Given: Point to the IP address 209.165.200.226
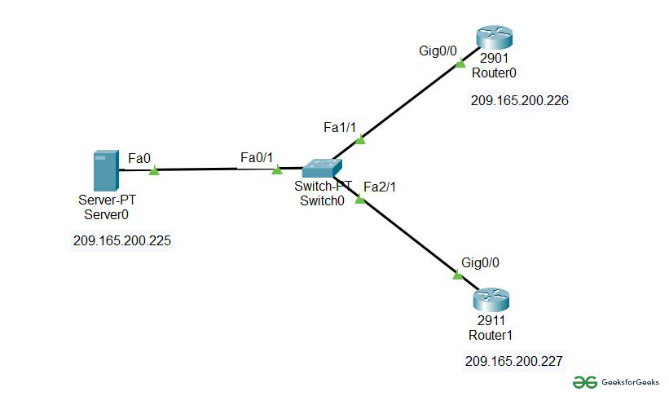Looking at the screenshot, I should point(519,101).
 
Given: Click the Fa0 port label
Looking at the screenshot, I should point(139,158).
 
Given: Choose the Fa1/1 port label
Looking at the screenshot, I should point(340,128).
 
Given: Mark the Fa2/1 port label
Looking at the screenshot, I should point(380,187).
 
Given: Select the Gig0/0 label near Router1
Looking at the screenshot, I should point(480,262).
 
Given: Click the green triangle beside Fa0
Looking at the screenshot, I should point(153,170).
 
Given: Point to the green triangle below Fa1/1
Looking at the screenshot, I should point(360,139).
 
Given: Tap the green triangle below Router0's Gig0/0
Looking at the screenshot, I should point(460,61).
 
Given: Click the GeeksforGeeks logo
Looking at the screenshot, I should point(615,381).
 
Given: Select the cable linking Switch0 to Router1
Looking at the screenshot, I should point(407,236).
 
